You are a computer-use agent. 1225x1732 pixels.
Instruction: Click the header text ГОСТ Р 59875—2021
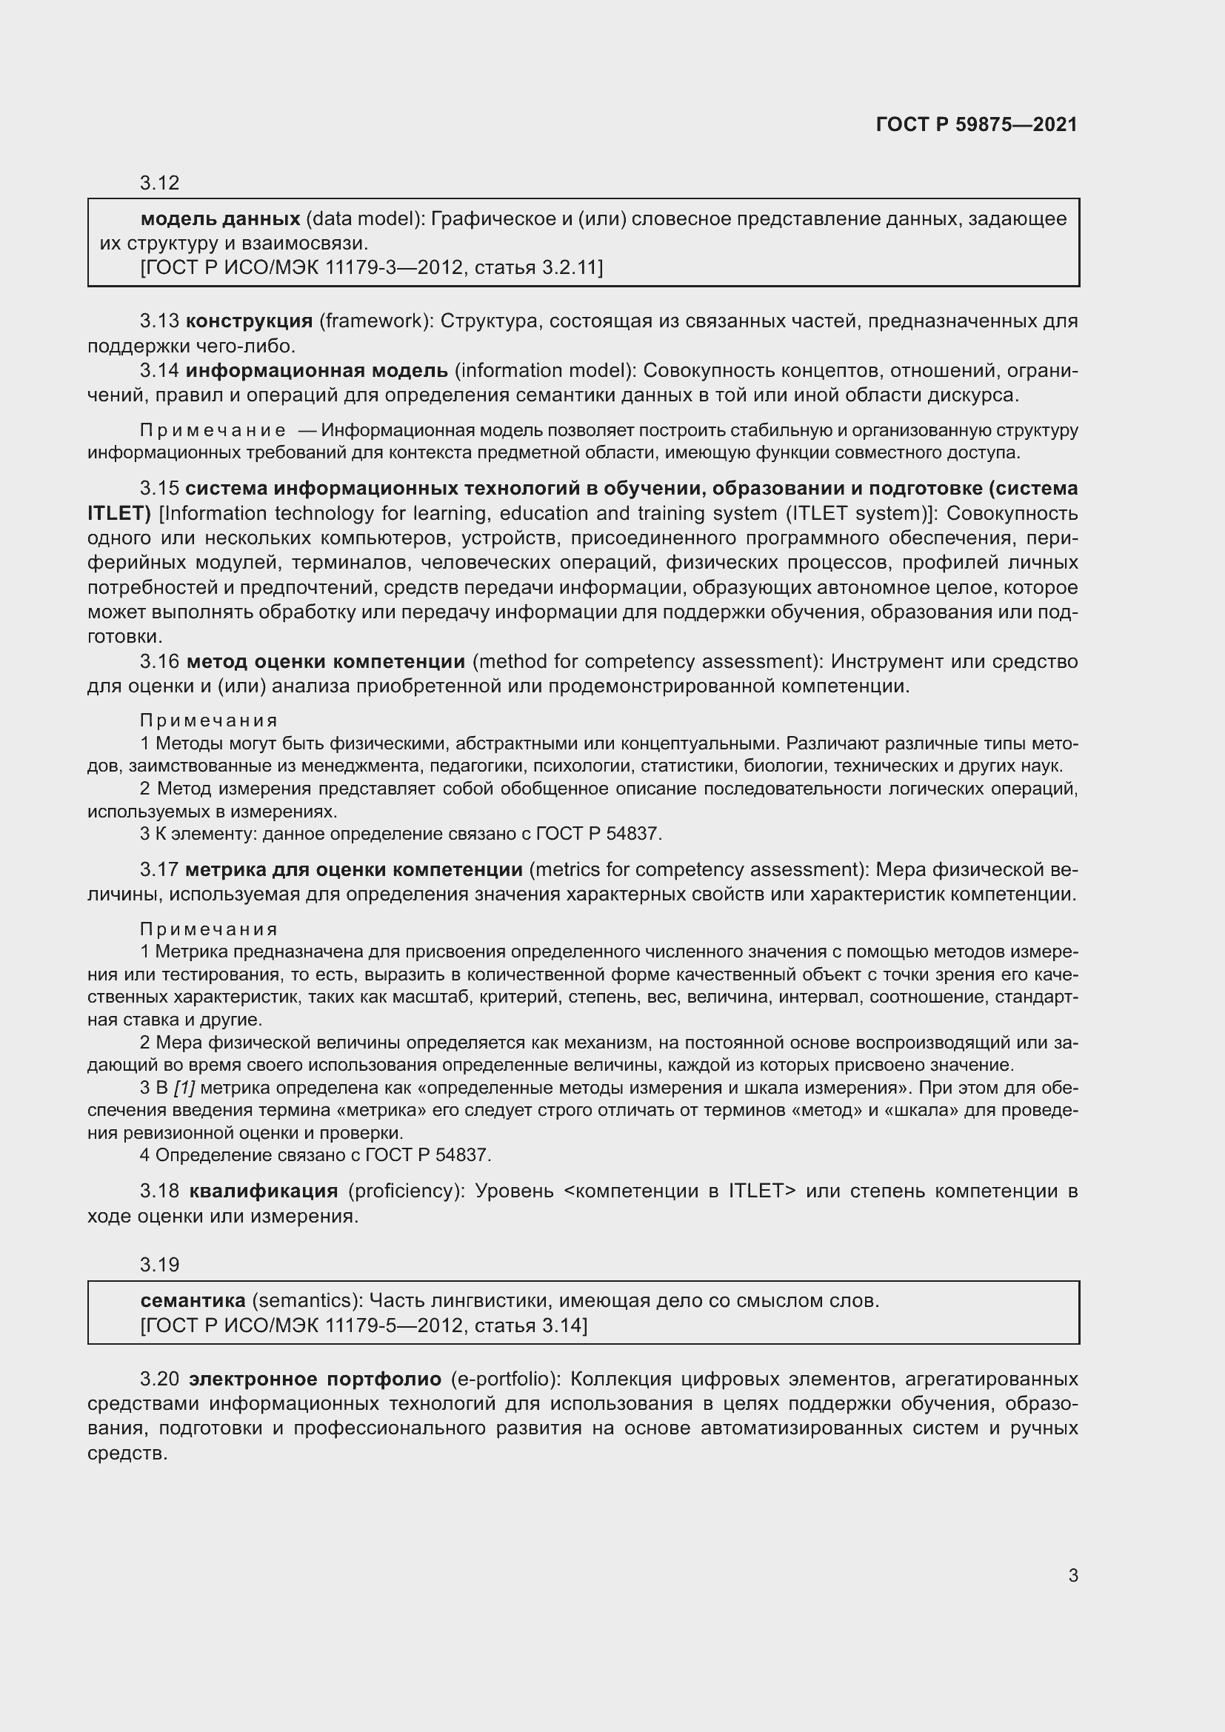976,124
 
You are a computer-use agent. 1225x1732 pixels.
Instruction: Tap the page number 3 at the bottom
1072,1575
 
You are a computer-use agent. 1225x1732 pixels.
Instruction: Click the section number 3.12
159,183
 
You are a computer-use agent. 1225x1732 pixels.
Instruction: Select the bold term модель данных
220,218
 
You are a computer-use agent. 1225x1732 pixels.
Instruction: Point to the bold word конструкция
249,321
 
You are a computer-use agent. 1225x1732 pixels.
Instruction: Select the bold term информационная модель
317,370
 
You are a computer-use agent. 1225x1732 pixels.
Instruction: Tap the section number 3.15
159,488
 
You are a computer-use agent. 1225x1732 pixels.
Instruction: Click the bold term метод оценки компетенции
325,661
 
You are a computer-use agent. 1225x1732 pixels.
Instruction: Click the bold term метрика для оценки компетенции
353,870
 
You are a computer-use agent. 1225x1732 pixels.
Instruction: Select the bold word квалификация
263,1191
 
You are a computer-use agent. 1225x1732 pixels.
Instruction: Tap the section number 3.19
159,1264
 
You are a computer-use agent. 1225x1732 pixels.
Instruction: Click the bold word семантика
193,1300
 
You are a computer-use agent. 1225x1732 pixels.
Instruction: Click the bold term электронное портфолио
315,1379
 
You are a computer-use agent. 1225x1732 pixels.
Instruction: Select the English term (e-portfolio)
505,1379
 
